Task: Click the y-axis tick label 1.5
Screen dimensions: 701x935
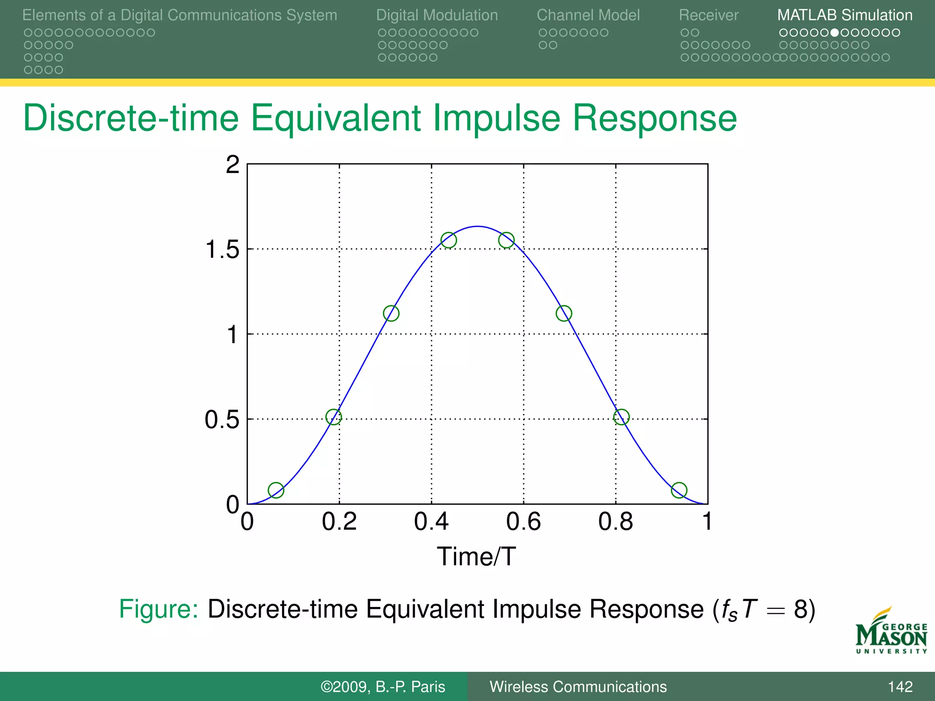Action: coord(222,250)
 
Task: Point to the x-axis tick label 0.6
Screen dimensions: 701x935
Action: coord(523,522)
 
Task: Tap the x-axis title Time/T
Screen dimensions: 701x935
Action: coord(476,556)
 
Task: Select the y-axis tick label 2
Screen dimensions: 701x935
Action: coord(232,164)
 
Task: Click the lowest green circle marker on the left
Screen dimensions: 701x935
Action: coord(276,490)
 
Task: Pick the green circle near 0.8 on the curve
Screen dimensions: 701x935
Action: coord(621,417)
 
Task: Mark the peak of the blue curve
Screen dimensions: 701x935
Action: coord(477,226)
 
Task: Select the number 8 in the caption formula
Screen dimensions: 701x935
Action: coord(801,609)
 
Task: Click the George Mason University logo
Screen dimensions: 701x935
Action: coord(891,632)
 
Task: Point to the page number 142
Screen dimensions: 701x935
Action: coord(900,686)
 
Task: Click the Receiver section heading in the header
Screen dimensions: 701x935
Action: coord(708,16)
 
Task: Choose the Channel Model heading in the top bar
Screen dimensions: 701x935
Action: coord(588,16)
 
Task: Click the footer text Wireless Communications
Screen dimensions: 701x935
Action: coord(578,686)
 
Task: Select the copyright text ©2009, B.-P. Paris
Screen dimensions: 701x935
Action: coord(383,686)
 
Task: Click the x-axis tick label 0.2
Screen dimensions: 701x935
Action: coord(339,522)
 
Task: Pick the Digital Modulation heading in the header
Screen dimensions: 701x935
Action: coord(437,16)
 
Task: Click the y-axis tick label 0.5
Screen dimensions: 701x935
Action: coord(222,419)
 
